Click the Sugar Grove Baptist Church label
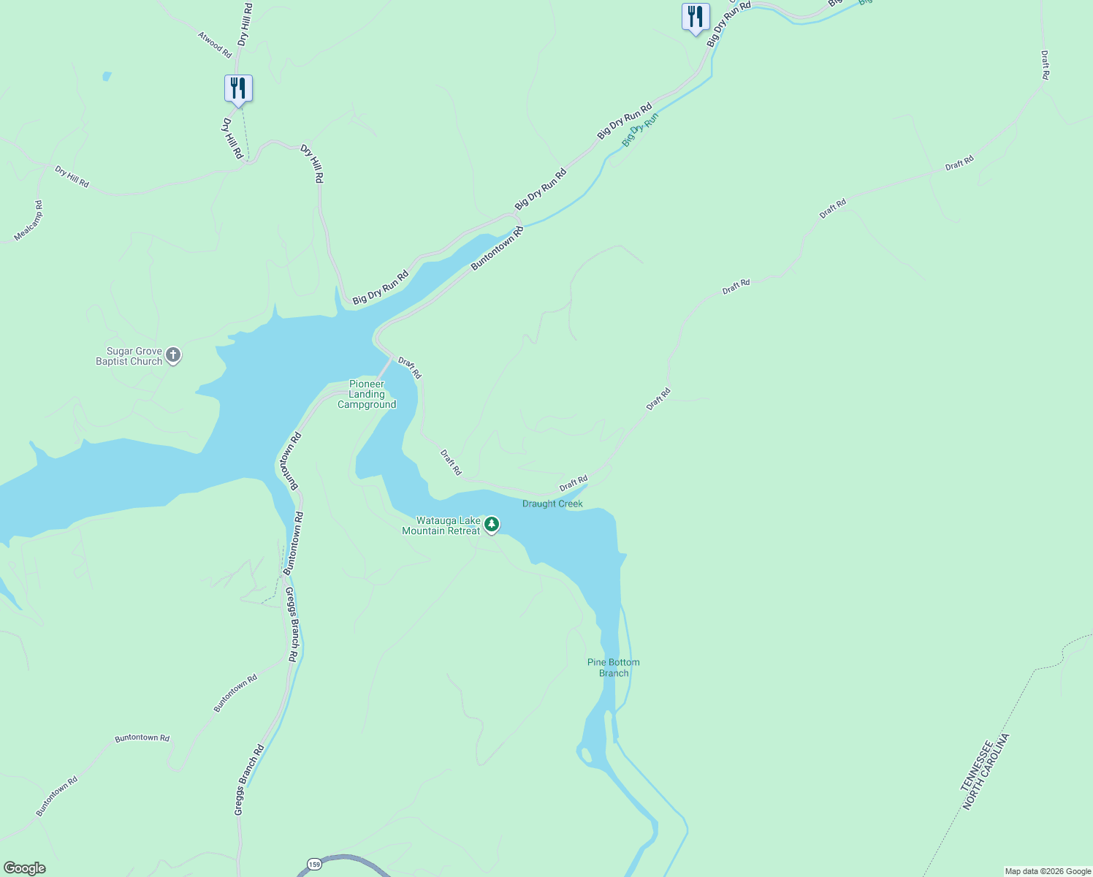coord(129,356)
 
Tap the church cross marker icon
coord(173,356)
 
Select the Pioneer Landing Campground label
coord(367,394)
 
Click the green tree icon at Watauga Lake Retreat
coord(492,524)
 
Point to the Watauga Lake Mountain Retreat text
coord(441,525)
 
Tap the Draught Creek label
coord(552,504)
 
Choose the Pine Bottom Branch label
coord(614,667)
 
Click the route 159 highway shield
coord(314,865)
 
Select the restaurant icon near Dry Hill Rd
coord(238,88)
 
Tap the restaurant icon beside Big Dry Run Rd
coord(696,17)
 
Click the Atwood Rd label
coord(215,45)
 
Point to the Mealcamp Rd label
coord(29,221)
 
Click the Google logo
coord(25,868)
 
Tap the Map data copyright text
coord(1048,871)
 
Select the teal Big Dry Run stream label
coord(641,129)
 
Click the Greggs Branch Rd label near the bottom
coord(249,780)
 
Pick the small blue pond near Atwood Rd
coord(107,76)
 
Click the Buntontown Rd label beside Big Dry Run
coord(498,248)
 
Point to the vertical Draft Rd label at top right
coord(1046,65)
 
